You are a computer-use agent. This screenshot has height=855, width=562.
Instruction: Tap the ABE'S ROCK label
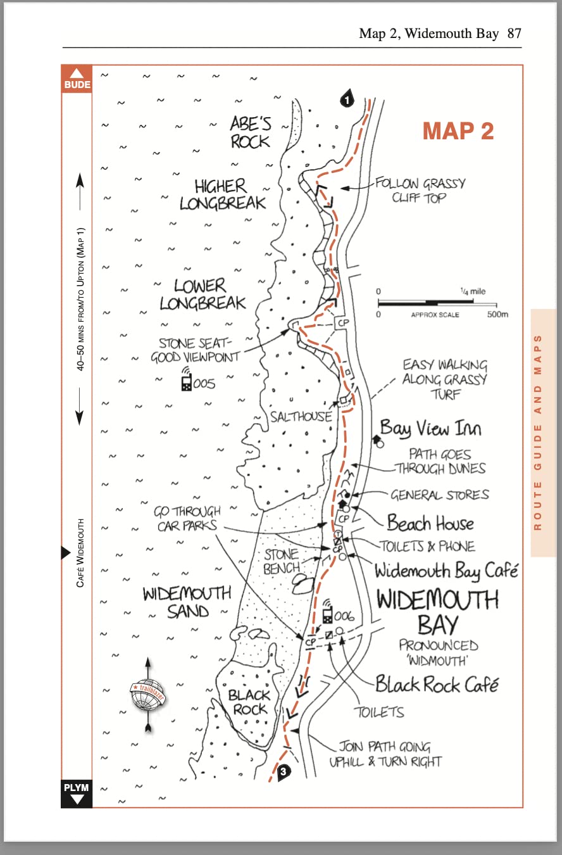coord(251,132)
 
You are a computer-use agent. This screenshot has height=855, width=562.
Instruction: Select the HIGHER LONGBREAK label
coord(222,194)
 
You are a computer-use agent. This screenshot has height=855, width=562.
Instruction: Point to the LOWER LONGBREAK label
coord(202,294)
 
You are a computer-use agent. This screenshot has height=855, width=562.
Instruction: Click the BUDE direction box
coord(77,79)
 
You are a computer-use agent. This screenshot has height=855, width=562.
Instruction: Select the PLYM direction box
coord(77,794)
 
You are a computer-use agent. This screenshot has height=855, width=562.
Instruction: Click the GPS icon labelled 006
coord(328,612)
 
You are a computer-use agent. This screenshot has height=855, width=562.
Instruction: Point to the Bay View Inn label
coord(430,429)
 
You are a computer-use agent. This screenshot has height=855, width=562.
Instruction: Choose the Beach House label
coord(430,523)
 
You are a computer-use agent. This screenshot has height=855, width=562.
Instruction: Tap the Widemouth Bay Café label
coord(446,571)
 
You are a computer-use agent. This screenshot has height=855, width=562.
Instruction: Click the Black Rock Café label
coord(437,684)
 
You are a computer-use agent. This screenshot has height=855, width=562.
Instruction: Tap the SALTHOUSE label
coord(301,416)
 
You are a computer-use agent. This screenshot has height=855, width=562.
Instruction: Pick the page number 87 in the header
coord(514,33)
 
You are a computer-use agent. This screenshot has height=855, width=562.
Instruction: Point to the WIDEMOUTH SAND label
coord(187,602)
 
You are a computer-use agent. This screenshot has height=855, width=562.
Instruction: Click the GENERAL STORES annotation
coord(439,495)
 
